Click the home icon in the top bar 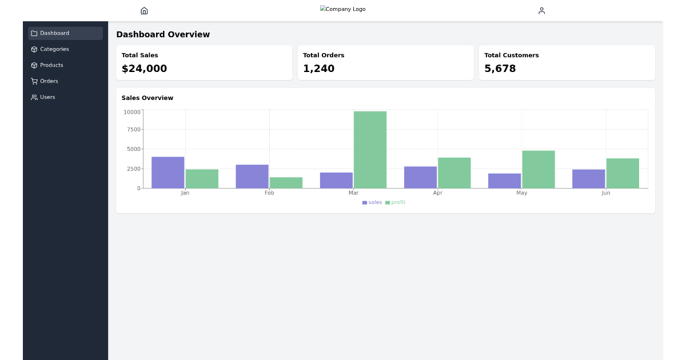144,11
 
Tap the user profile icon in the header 541,11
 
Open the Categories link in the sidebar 54,49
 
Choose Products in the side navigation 51,65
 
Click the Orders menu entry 49,81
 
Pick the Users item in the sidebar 47,97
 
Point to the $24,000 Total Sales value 144,69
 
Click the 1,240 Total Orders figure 318,69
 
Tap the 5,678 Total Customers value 500,69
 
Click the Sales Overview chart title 147,98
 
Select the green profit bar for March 370,150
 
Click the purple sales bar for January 167,173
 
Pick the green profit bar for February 286,183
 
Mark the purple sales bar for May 504,181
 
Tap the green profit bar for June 623,173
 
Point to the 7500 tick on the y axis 133,130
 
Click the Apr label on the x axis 437,193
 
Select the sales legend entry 372,202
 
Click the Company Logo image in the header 343,9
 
